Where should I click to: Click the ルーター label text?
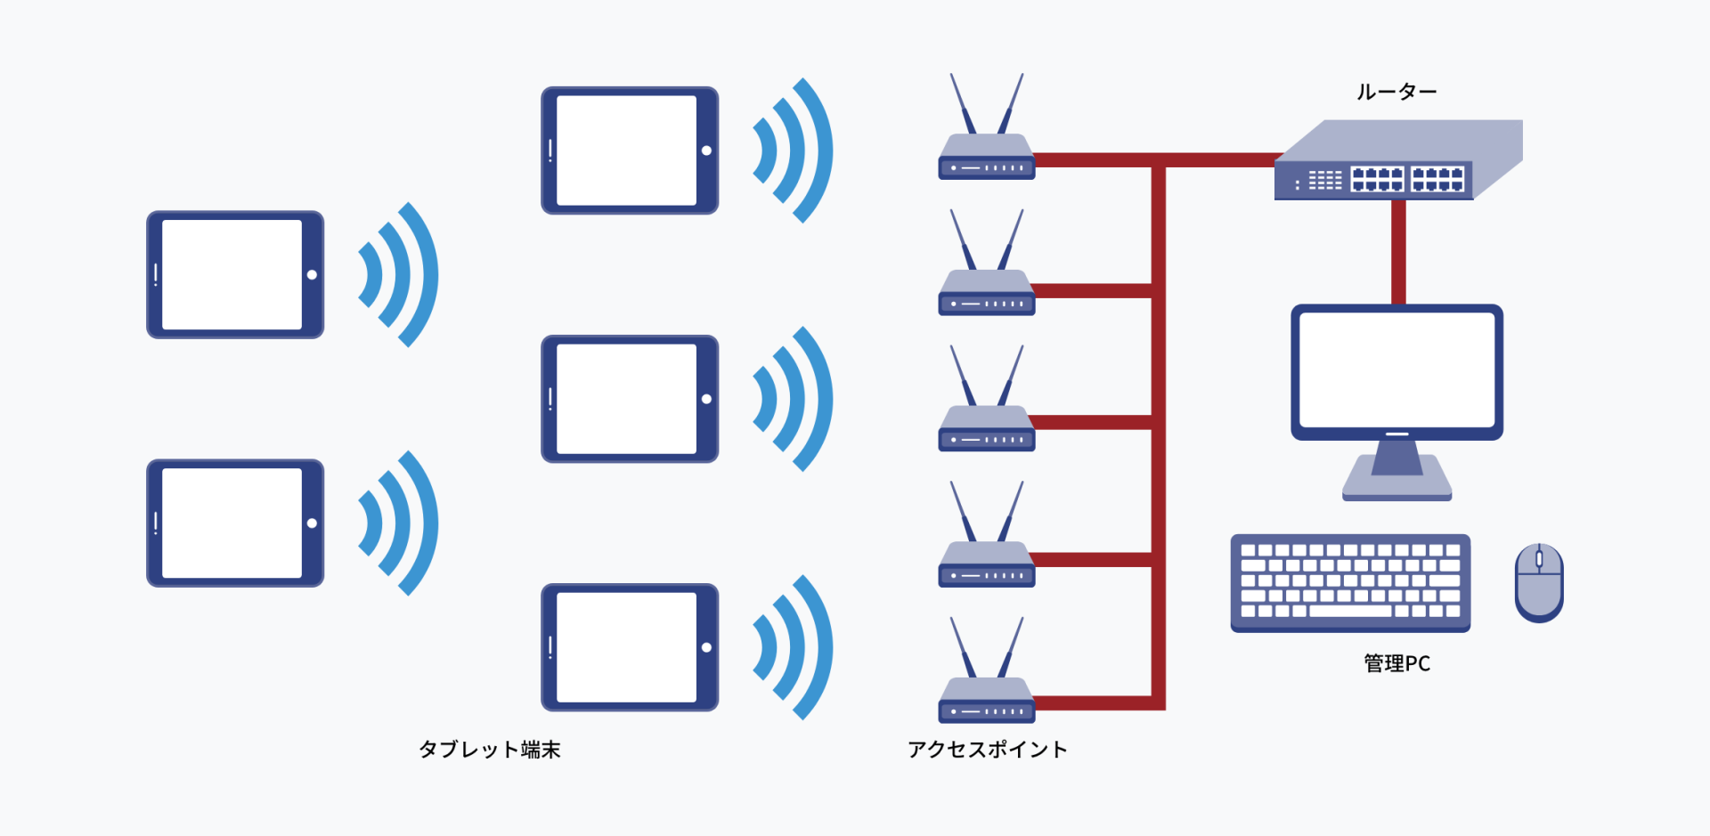[x=1396, y=92]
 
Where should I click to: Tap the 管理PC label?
[x=1396, y=663]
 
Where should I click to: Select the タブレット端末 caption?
[x=489, y=750]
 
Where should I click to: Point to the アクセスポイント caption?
[x=987, y=750]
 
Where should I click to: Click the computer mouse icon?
[x=1539, y=583]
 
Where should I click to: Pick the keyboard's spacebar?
[x=1350, y=612]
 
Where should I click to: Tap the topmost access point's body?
[x=987, y=160]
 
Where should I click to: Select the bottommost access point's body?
[x=987, y=703]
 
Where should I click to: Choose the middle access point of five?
[x=987, y=432]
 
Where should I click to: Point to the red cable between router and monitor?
[x=1398, y=252]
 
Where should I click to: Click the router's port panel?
[x=1407, y=179]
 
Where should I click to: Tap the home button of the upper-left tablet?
[x=312, y=275]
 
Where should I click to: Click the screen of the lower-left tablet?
[x=232, y=524]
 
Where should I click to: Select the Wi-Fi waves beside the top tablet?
[x=793, y=150]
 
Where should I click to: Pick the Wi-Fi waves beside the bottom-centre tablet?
[x=793, y=647]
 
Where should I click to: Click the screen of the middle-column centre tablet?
[x=626, y=399]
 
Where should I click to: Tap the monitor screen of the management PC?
[x=1396, y=369]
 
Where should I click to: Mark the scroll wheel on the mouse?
[x=1539, y=559]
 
